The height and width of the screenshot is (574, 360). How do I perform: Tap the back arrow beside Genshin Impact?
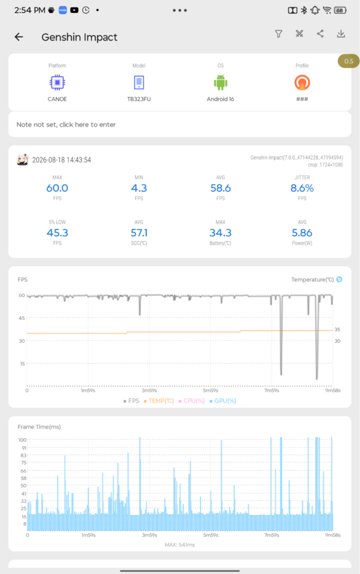pyautogui.click(x=19, y=36)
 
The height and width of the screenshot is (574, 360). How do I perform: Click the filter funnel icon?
pyautogui.click(x=279, y=34)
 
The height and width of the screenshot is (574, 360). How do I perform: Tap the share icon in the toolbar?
pyautogui.click(x=320, y=34)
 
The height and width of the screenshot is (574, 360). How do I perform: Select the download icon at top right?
pyautogui.click(x=341, y=34)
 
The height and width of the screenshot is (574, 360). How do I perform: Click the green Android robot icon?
pyautogui.click(x=221, y=83)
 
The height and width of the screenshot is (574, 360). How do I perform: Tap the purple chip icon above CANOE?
pyautogui.click(x=57, y=83)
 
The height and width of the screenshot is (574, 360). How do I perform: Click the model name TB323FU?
pyautogui.click(x=139, y=99)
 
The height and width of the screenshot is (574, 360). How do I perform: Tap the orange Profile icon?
pyautogui.click(x=302, y=83)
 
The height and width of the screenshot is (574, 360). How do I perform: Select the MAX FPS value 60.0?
pyautogui.click(x=57, y=188)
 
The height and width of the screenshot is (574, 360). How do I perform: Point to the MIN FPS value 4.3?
pyautogui.click(x=139, y=188)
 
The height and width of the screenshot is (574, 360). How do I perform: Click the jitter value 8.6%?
pyautogui.click(x=302, y=188)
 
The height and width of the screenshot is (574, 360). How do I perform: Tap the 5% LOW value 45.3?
pyautogui.click(x=57, y=233)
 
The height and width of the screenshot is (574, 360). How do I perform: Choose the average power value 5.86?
pyautogui.click(x=302, y=233)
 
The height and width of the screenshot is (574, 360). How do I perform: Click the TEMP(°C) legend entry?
pyautogui.click(x=159, y=401)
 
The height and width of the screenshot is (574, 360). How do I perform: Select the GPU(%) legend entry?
pyautogui.click(x=223, y=401)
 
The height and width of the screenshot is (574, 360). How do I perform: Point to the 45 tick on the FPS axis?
pyautogui.click(x=22, y=318)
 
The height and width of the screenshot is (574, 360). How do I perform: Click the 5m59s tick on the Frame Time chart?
pyautogui.click(x=210, y=535)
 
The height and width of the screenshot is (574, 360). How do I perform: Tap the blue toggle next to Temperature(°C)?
pyautogui.click(x=340, y=279)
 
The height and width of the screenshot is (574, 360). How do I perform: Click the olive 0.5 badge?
pyautogui.click(x=349, y=61)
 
